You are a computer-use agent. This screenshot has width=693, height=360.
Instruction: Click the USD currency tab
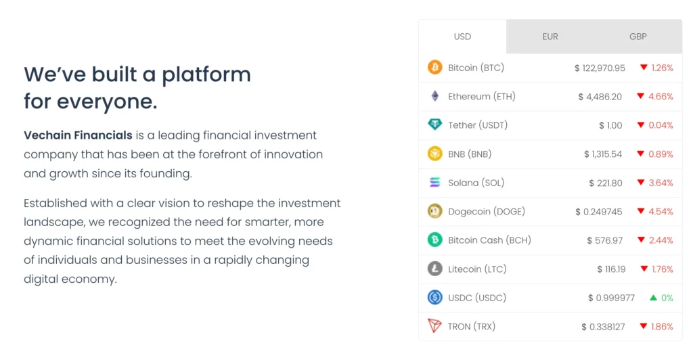coord(462,37)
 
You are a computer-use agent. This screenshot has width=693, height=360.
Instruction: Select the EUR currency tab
coord(550,37)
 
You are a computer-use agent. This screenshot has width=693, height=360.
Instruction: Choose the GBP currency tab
coord(638,37)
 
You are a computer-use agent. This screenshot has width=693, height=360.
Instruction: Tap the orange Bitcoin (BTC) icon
coord(434,68)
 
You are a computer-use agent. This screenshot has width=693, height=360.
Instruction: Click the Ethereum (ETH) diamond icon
coord(434,96)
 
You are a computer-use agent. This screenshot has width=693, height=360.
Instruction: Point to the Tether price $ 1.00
coord(610,125)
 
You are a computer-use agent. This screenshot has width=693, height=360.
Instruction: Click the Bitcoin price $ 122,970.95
coord(600,68)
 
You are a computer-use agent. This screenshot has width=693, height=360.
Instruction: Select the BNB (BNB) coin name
coord(470,154)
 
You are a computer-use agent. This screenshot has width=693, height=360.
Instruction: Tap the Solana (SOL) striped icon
coord(434,183)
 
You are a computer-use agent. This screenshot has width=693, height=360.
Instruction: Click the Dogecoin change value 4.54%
coord(661,211)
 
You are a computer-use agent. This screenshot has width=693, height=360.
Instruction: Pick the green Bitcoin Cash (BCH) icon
coord(434,240)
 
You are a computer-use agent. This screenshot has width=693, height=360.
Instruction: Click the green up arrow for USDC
coord(653,298)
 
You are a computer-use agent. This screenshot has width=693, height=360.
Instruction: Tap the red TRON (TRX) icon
coord(434,326)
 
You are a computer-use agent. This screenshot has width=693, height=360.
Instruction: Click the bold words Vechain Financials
coord(78,135)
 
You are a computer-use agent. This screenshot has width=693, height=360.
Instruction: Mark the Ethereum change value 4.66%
coord(661,96)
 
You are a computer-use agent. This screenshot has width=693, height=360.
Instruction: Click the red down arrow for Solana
coord(640,183)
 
